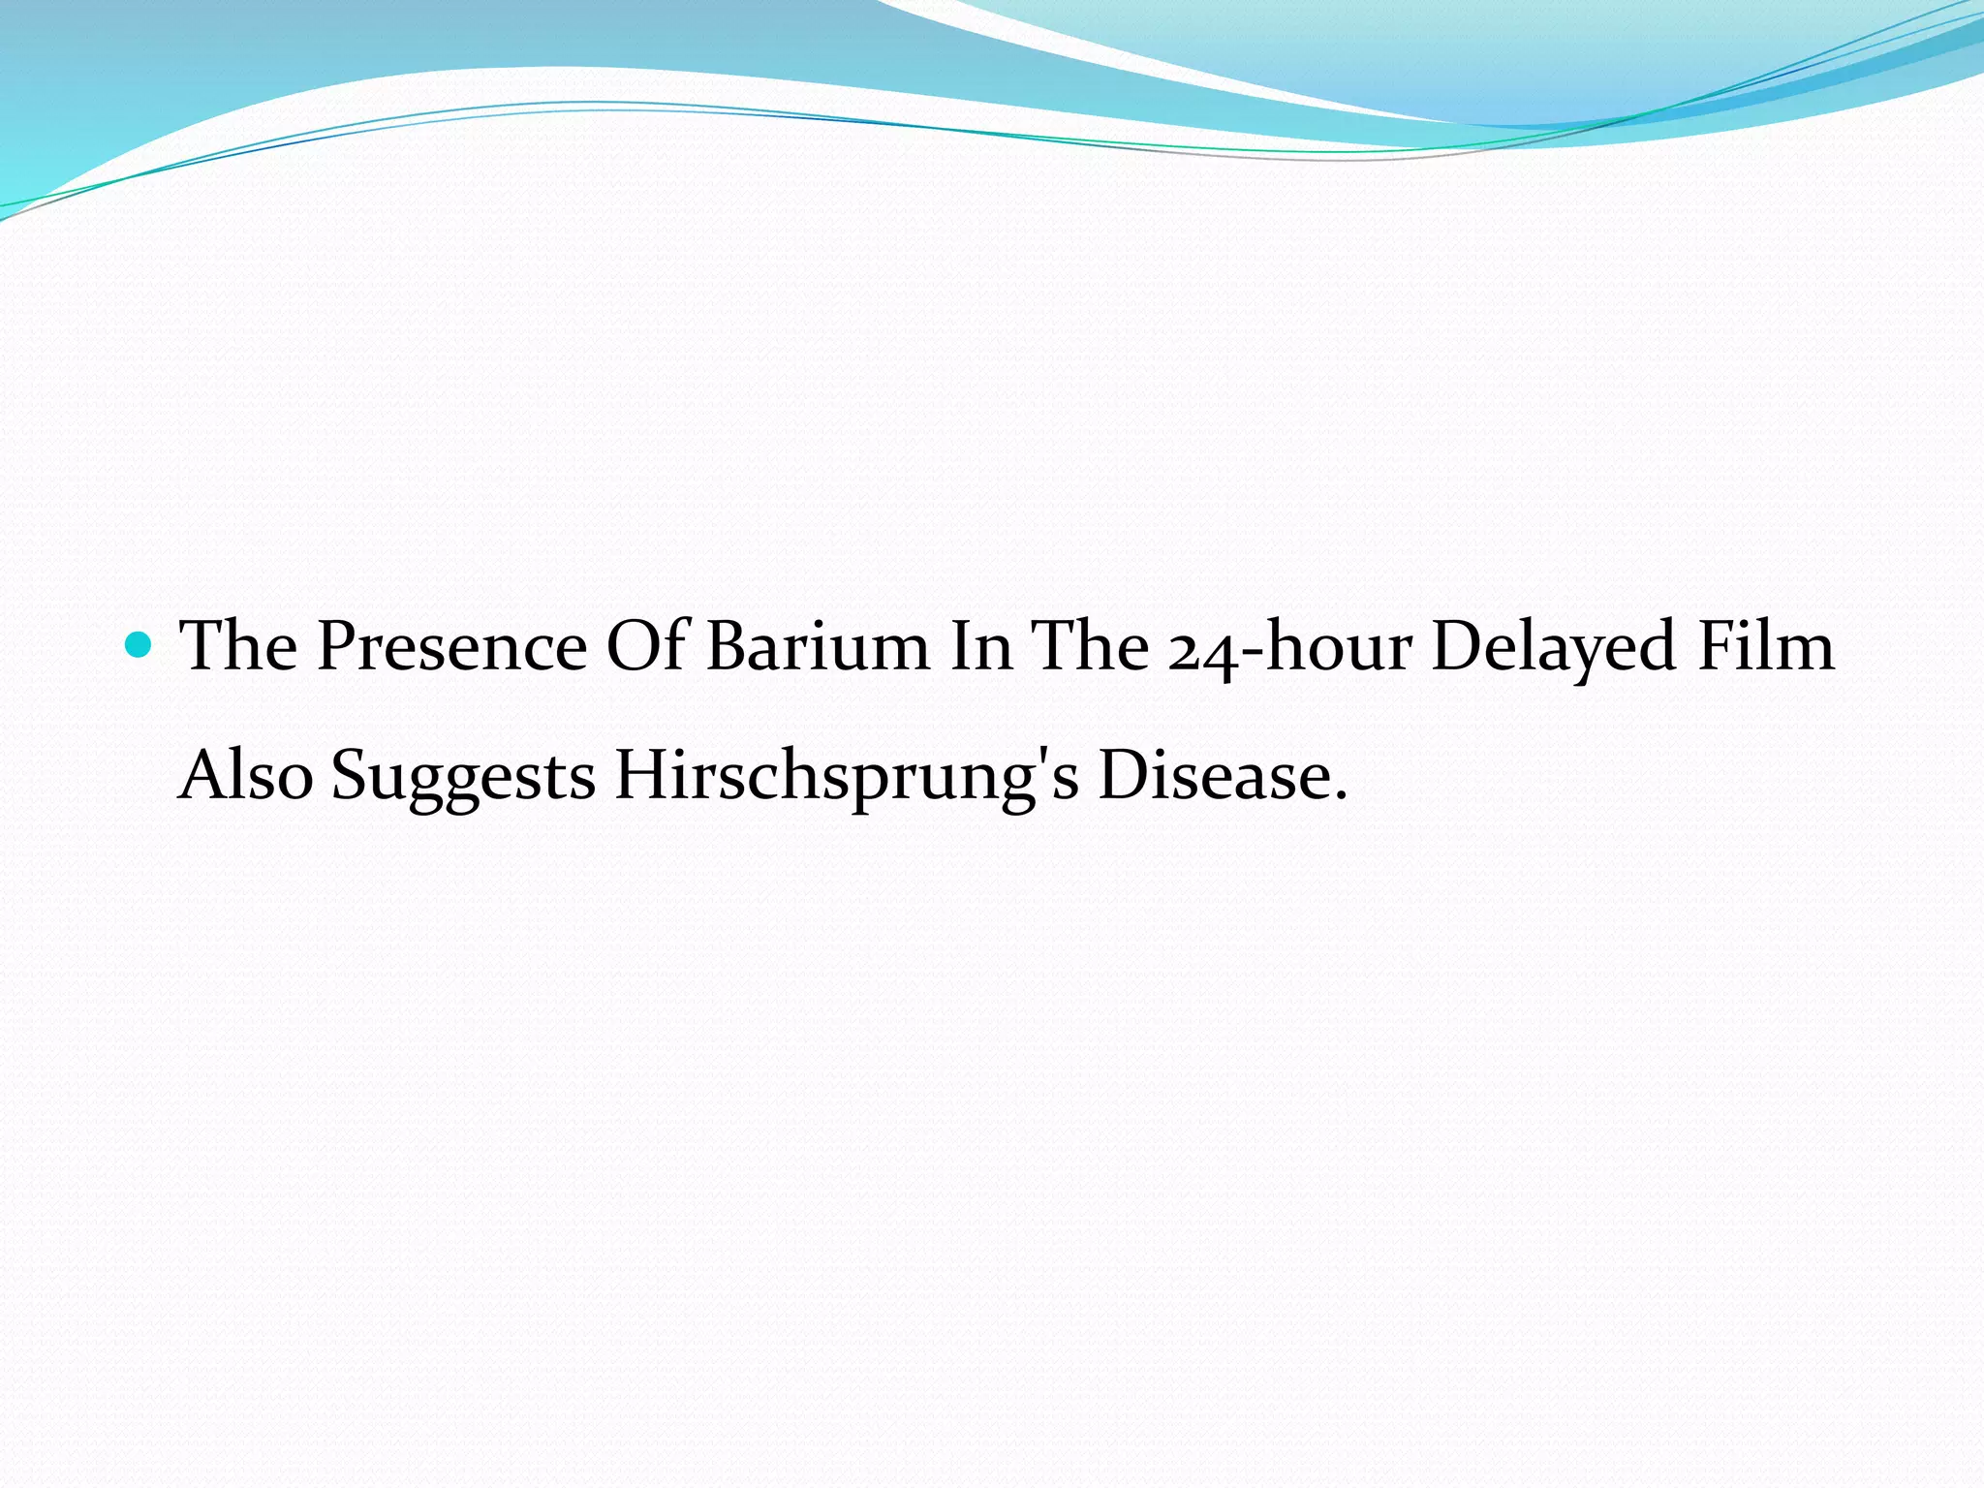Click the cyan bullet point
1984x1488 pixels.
click(x=139, y=645)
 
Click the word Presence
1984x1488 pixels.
click(x=451, y=647)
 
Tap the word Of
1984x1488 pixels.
click(x=646, y=647)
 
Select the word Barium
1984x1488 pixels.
click(x=818, y=647)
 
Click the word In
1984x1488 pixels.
click(x=980, y=647)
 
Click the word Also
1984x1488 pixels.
click(x=246, y=776)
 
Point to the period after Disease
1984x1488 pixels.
click(x=1341, y=798)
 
